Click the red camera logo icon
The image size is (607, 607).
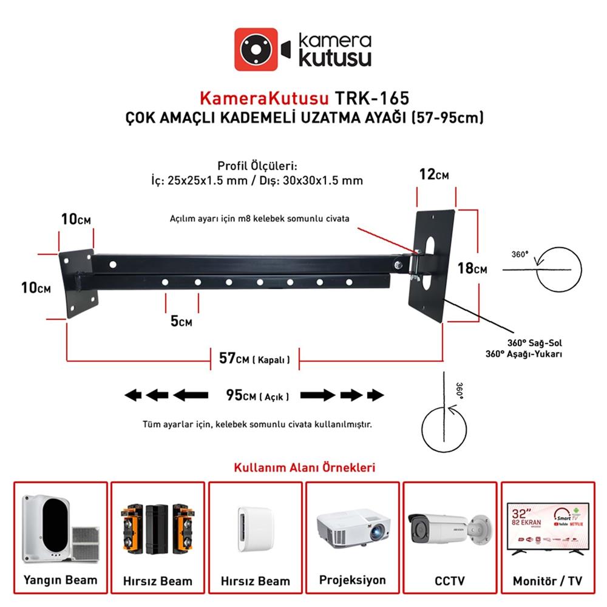[256, 49]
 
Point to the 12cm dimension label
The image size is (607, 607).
[435, 175]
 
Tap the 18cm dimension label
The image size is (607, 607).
[489, 268]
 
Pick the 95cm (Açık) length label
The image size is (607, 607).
[257, 396]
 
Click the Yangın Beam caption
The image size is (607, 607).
[60, 580]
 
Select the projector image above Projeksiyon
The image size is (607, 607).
[352, 526]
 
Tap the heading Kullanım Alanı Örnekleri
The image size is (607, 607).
[304, 468]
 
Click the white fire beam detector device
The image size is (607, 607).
[46, 527]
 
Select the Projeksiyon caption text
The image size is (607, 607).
[352, 580]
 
